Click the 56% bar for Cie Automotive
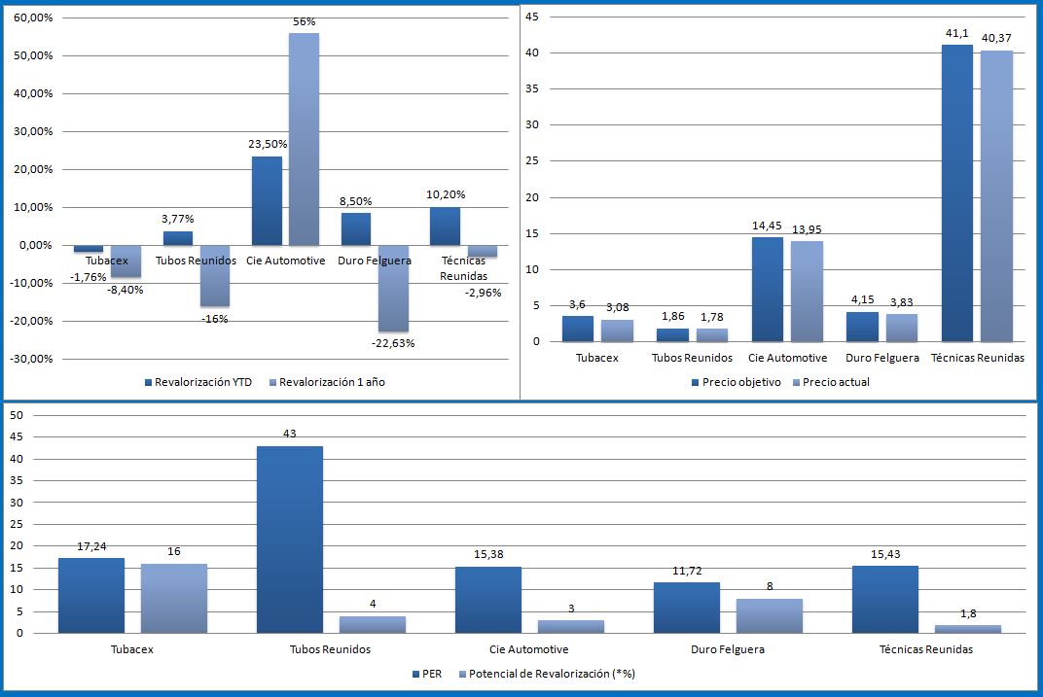(304, 139)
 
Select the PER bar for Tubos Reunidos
(290, 540)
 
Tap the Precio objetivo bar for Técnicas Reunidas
(957, 193)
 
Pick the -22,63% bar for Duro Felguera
(394, 289)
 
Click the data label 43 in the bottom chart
(290, 434)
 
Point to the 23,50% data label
(267, 143)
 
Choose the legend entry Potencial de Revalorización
(552, 673)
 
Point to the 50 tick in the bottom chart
(16, 415)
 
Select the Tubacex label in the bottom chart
(132, 649)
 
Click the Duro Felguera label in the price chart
(881, 358)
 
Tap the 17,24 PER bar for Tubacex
(91, 596)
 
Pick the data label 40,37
(996, 38)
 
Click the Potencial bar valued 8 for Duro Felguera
(770, 616)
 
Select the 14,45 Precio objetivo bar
(767, 290)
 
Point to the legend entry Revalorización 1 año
(332, 382)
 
